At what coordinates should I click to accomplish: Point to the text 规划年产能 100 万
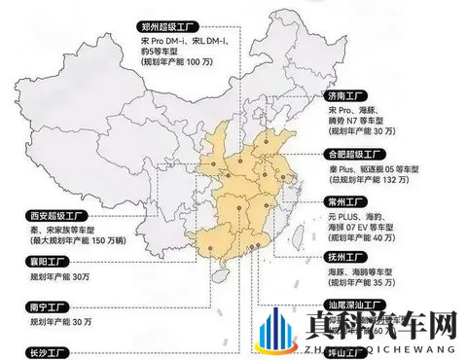[x=176, y=61]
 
